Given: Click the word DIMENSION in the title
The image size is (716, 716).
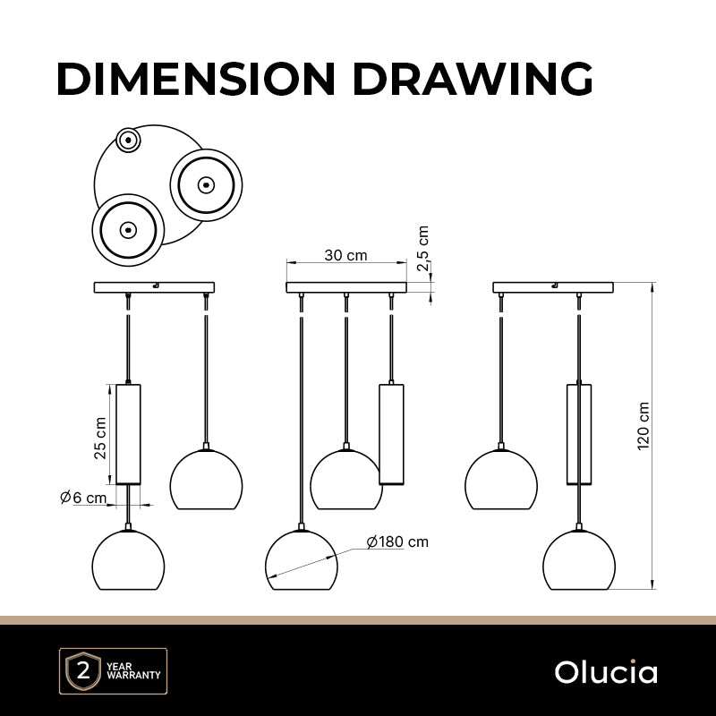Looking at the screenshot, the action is (196, 78).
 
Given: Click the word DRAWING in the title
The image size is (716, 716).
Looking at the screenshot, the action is (473, 78).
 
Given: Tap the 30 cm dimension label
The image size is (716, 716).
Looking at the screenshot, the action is (345, 255).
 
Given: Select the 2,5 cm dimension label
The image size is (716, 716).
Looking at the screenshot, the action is (422, 249).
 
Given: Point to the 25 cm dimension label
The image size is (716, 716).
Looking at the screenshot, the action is (100, 438).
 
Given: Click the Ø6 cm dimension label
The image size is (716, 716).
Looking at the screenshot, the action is (83, 498).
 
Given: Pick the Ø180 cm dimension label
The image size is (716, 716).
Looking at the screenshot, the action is (397, 541).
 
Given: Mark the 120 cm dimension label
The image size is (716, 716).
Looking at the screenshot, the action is (643, 426).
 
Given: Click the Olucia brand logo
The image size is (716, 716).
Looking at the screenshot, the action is (606, 672).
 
